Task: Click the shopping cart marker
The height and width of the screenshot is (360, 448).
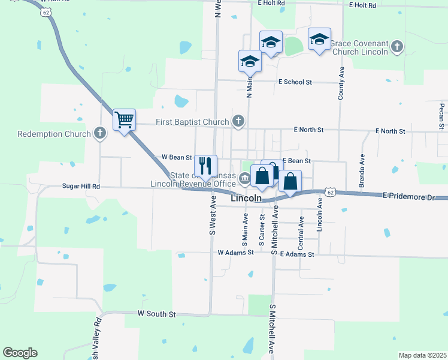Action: click(x=124, y=120)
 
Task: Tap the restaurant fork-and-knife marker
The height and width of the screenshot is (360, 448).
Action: click(x=205, y=166)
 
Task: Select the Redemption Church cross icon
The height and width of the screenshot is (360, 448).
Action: click(x=100, y=134)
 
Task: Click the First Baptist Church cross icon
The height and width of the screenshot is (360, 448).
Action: click(x=238, y=122)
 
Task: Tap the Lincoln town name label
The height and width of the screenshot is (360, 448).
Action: click(x=246, y=198)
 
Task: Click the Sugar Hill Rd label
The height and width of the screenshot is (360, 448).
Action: click(x=81, y=187)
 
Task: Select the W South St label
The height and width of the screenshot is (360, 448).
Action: click(x=156, y=314)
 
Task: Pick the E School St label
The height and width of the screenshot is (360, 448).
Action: click(x=295, y=82)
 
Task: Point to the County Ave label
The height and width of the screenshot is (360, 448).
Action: click(x=341, y=83)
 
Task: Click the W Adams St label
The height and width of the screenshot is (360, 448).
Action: click(x=236, y=253)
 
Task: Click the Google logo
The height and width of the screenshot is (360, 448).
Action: click(x=20, y=353)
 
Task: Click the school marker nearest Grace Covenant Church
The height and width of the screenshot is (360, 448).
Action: click(x=319, y=40)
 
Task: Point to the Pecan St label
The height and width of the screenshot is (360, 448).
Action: click(x=441, y=116)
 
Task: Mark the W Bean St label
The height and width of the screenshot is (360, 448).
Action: click(x=177, y=157)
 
